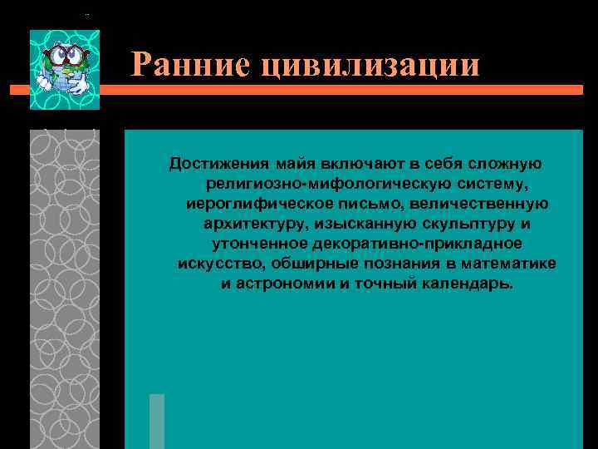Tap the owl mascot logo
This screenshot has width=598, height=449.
65,71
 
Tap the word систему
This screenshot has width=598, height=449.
492,183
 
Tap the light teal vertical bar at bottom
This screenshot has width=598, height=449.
157,421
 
